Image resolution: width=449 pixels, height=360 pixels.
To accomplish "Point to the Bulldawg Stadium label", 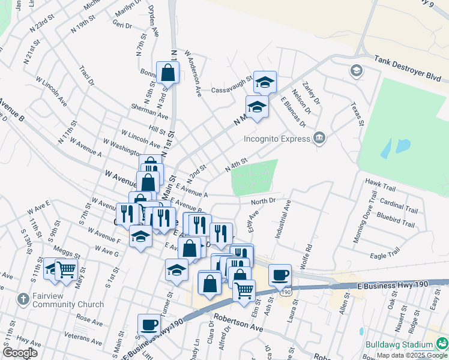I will pyautogui.click(x=399, y=344).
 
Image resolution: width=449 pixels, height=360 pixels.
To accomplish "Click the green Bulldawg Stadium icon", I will pyautogui.click(x=442, y=344).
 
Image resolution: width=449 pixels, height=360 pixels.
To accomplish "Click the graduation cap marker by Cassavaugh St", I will pyautogui.click(x=264, y=82).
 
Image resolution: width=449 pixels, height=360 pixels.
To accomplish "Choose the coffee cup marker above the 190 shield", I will pyautogui.click(x=280, y=275).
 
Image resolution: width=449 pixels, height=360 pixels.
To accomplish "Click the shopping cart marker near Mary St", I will pyautogui.click(x=66, y=269).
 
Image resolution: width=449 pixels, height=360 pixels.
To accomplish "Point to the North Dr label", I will pyautogui.click(x=263, y=201).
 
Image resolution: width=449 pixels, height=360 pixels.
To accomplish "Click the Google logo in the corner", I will pyautogui.click(x=20, y=353).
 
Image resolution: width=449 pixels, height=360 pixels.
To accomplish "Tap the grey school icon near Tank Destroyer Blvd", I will pyautogui.click(x=356, y=71).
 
